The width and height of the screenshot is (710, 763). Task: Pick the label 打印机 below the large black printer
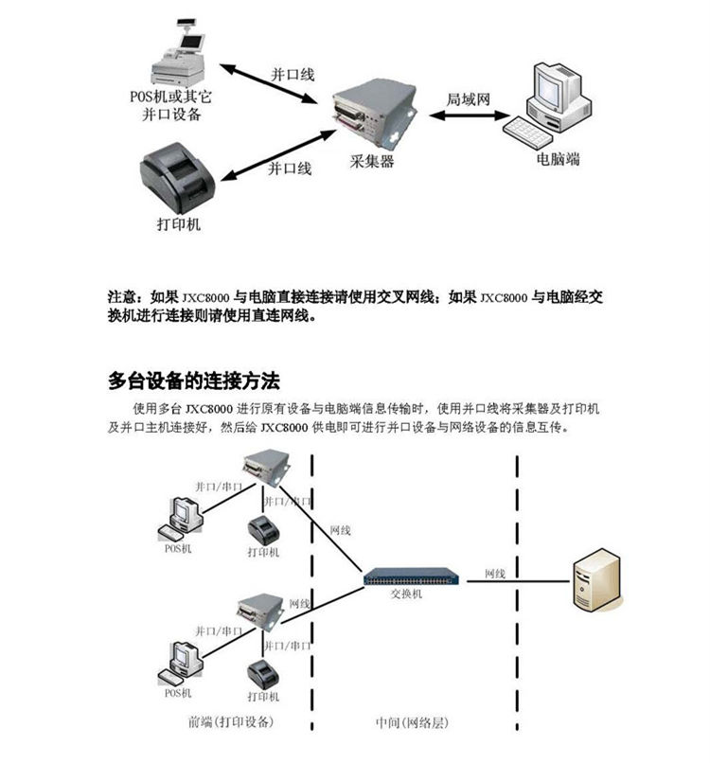click(178, 225)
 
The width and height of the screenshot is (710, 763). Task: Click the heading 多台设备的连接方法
click(194, 381)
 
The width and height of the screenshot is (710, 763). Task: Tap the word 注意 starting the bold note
click(126, 296)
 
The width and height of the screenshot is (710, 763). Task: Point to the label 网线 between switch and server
click(494, 574)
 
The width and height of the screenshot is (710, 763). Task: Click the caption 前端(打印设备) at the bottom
click(231, 722)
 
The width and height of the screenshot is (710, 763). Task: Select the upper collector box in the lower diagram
click(263, 467)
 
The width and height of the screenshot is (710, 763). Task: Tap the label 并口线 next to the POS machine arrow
click(292, 74)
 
